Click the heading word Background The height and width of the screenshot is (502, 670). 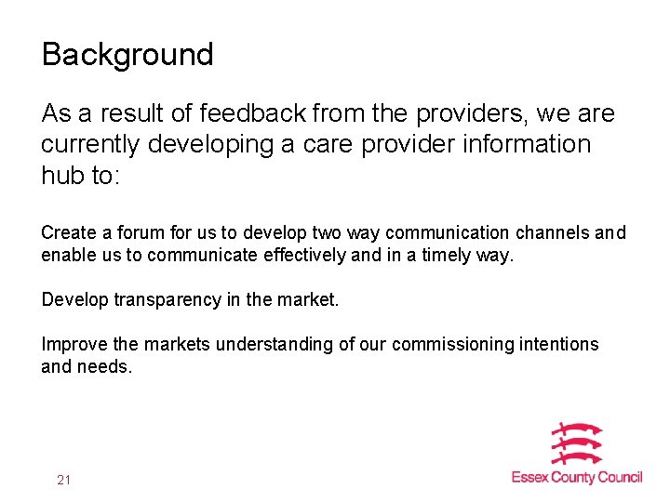[x=127, y=55]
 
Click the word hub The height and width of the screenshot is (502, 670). [x=62, y=176]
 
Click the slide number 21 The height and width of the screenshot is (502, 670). [x=63, y=480]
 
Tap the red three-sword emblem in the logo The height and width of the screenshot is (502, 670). [x=576, y=443]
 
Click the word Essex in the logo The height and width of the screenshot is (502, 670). [x=530, y=478]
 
